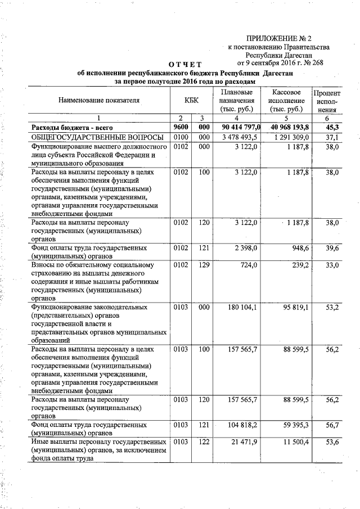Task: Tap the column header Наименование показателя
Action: [98, 100]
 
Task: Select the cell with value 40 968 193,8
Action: [285, 128]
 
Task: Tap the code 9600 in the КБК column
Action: [180, 128]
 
